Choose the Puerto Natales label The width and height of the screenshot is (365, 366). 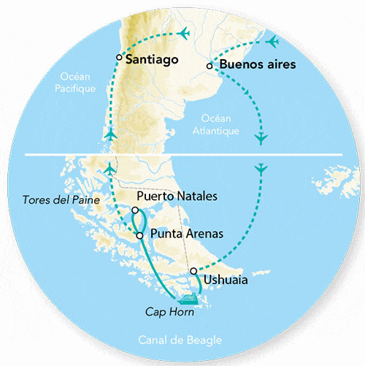click(177, 196)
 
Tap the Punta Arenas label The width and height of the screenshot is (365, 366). click(186, 235)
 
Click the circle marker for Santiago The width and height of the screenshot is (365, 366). click(119, 57)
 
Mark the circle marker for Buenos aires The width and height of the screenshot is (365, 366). click(210, 66)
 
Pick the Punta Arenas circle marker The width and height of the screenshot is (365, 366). click(139, 236)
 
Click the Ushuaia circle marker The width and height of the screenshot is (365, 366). click(193, 271)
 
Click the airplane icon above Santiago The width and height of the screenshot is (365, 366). click(183, 34)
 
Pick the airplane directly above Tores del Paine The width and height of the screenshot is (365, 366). click(109, 169)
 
